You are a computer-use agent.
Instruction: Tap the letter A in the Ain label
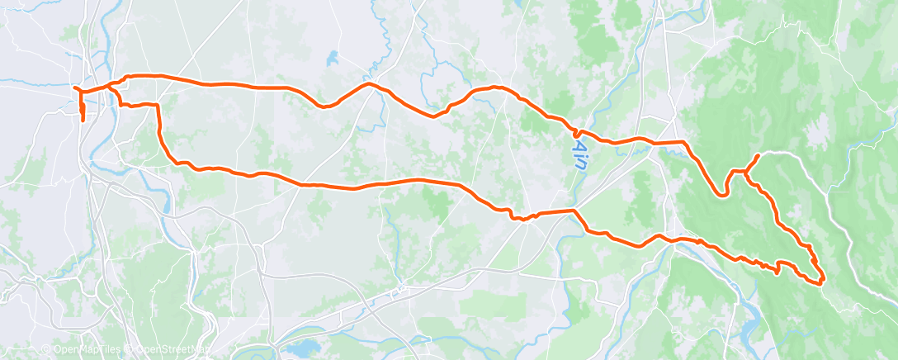579,145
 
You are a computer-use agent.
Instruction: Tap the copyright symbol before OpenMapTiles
48,349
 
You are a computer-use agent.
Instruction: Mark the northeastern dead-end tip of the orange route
758,155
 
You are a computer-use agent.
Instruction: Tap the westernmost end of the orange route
74,88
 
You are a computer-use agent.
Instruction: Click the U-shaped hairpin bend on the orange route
724,195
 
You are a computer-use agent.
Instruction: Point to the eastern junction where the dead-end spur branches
746,172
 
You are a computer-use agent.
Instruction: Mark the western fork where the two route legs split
107,86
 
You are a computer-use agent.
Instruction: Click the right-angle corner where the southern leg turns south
157,106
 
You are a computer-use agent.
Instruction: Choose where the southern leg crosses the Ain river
574,211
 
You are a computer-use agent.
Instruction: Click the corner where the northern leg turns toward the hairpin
683,143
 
